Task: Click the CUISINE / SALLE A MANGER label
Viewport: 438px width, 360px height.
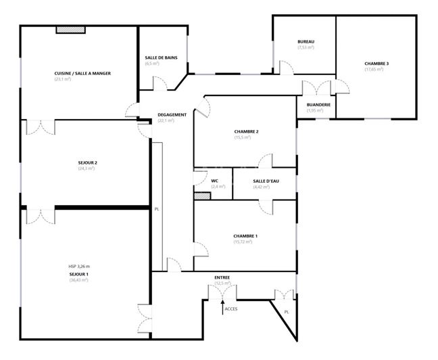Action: coord(82,73)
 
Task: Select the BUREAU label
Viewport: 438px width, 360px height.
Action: coord(306,42)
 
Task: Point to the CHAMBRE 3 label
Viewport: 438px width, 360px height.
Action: coord(376,64)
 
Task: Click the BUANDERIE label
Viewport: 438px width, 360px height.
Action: coord(318,105)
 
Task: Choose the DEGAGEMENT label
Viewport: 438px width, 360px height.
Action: coord(172,114)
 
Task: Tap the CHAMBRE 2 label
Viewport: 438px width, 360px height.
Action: coord(247,131)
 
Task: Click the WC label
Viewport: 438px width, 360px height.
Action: coord(214,181)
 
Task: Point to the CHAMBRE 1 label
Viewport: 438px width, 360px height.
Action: coord(245,235)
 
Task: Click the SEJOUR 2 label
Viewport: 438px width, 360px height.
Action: coord(87,162)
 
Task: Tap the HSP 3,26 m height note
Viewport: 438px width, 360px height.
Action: coord(78,266)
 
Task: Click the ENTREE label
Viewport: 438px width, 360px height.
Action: coord(222,277)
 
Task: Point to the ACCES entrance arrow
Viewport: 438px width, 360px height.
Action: coord(223,306)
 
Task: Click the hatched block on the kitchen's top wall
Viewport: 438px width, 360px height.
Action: coord(70,29)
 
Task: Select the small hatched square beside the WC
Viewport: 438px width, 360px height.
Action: coord(202,196)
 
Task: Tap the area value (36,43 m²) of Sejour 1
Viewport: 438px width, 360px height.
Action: coord(78,279)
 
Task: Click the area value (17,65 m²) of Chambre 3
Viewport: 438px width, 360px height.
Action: coord(376,69)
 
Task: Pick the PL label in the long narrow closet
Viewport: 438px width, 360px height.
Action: coord(156,208)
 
